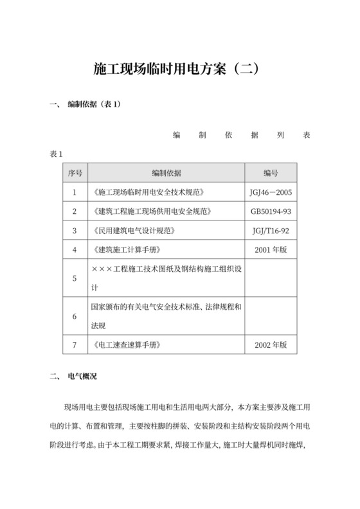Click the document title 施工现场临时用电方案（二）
[179, 69]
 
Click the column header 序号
[75, 173]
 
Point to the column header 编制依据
[166, 173]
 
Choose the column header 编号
[271, 173]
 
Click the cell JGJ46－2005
[271, 192]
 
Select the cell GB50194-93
[271, 211]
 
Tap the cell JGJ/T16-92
[271, 230]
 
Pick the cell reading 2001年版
[271, 249]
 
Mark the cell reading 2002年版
[271, 345]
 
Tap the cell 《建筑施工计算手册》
[127, 249]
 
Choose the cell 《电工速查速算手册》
[127, 345]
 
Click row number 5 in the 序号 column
[75, 278]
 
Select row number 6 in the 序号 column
[75, 316]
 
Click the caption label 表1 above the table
[56, 154]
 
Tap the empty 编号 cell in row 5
[271, 278]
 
